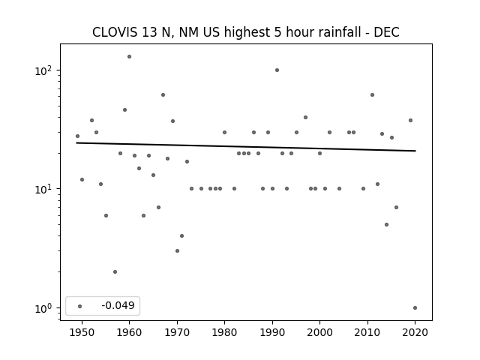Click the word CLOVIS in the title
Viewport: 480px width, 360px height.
click(x=115, y=32)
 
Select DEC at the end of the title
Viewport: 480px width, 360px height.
click(x=387, y=32)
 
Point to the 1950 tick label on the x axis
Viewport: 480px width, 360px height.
click(x=82, y=332)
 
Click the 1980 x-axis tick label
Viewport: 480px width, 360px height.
click(x=224, y=332)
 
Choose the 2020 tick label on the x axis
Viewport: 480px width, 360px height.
click(x=415, y=332)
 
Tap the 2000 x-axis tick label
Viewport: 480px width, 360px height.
click(x=319, y=332)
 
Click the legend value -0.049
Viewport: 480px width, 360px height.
click(x=118, y=305)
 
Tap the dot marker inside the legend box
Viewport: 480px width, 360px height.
click(x=80, y=306)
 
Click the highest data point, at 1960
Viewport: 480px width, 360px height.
click(x=129, y=57)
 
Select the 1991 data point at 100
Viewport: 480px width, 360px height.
click(x=277, y=70)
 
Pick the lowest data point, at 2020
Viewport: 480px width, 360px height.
click(x=415, y=308)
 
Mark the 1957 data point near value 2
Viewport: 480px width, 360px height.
click(x=115, y=271)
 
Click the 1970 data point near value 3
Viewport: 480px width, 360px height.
click(x=177, y=251)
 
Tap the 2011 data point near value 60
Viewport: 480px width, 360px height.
click(x=372, y=95)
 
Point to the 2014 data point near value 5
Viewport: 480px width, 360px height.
click(x=387, y=225)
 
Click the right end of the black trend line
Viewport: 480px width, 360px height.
click(x=415, y=151)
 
